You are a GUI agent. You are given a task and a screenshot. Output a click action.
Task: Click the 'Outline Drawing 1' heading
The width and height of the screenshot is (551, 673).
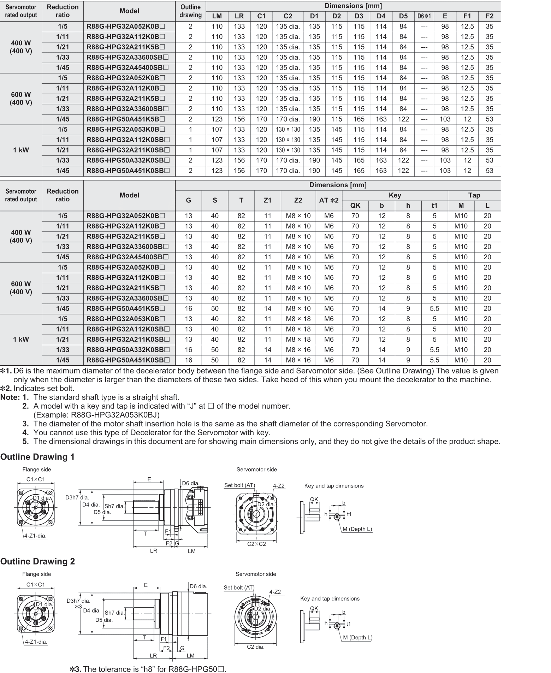pyautogui.click(x=37, y=457)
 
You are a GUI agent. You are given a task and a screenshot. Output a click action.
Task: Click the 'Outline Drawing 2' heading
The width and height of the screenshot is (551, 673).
pyautogui.click(x=37, y=561)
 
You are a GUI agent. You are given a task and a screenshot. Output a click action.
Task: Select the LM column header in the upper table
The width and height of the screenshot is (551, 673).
pyautogui.click(x=217, y=16)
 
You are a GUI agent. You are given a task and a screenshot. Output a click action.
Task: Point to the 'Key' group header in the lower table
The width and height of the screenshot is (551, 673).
pyautogui.click(x=395, y=195)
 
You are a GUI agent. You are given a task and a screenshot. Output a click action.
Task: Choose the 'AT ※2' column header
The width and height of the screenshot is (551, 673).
pyautogui.click(x=329, y=200)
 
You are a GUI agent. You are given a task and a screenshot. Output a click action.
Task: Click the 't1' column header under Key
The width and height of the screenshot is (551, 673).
pyautogui.click(x=434, y=206)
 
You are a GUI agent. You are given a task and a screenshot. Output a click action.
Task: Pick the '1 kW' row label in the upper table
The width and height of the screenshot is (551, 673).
pyautogui.click(x=21, y=150)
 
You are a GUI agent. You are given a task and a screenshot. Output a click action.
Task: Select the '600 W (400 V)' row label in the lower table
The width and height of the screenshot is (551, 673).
pyautogui.click(x=21, y=288)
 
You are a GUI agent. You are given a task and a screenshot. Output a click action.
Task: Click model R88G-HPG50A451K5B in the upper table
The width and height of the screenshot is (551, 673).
pyautogui.click(x=126, y=119)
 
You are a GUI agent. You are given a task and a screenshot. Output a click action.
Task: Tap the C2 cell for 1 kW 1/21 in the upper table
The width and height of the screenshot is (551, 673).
pyautogui.click(x=288, y=150)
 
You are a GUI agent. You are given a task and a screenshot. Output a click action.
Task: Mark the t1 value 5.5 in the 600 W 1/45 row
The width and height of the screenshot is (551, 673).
pyautogui.click(x=434, y=309)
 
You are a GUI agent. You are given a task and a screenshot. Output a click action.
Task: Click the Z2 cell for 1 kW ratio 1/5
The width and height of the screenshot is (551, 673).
pyautogui.click(x=298, y=319)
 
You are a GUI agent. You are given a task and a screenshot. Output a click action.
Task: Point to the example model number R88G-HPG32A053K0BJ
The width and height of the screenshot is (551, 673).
pyautogui.click(x=115, y=415)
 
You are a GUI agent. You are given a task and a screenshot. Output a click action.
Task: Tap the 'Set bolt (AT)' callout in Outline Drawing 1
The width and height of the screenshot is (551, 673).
pyautogui.click(x=239, y=485)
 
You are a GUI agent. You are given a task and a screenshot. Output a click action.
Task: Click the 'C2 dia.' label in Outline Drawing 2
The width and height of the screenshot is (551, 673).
pyautogui.click(x=256, y=647)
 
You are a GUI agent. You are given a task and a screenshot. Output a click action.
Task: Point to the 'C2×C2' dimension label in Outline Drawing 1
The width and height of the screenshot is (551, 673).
pyautogui.click(x=256, y=544)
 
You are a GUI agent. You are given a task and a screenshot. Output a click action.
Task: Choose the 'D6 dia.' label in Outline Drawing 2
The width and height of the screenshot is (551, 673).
pyautogui.click(x=198, y=586)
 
